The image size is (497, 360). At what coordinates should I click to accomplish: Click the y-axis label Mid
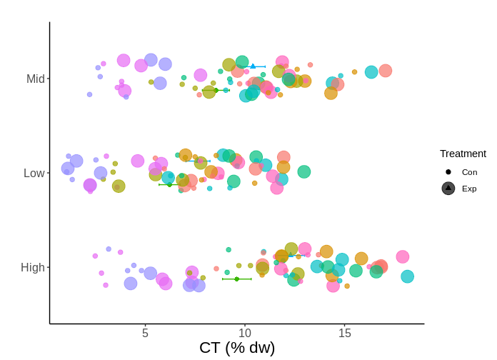click(x=36, y=79)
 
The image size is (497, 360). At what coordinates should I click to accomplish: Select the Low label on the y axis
click(x=34, y=173)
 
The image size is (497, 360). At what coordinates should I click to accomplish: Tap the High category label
click(x=33, y=267)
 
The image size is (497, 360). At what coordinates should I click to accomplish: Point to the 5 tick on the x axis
click(x=145, y=333)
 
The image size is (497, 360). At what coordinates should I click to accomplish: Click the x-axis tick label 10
click(x=245, y=333)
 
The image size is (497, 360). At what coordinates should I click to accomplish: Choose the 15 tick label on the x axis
click(x=345, y=333)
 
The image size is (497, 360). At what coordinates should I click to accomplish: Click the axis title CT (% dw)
click(x=237, y=348)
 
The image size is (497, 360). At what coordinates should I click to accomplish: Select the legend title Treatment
click(x=463, y=154)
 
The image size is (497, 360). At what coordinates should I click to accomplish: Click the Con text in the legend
click(x=469, y=172)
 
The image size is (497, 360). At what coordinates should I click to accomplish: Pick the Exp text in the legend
click(x=469, y=189)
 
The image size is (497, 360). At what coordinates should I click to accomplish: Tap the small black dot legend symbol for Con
click(x=448, y=172)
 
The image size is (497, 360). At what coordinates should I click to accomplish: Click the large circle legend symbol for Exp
click(x=448, y=189)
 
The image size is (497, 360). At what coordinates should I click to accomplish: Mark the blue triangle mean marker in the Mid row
click(x=253, y=66)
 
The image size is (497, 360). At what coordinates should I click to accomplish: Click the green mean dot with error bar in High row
click(x=237, y=279)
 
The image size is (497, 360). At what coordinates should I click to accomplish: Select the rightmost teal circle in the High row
click(x=407, y=276)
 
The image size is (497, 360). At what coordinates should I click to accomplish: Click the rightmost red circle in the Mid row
click(x=386, y=71)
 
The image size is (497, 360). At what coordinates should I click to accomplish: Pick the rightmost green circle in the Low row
click(x=304, y=171)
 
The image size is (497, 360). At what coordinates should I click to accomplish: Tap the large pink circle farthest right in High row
click(x=403, y=257)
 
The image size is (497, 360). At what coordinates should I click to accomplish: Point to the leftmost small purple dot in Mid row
click(x=89, y=94)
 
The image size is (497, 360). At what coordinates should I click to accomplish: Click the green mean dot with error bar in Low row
click(x=169, y=184)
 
